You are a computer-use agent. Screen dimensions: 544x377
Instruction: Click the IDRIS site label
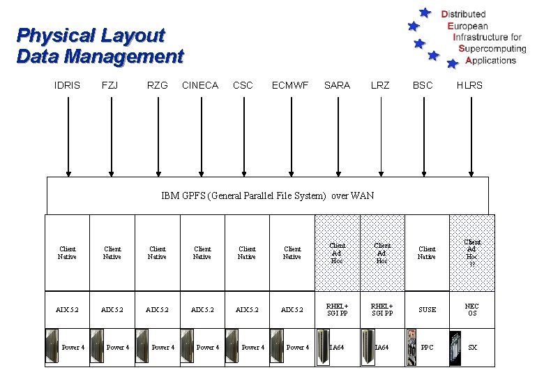tap(67, 85)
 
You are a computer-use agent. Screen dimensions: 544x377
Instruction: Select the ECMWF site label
tap(290, 85)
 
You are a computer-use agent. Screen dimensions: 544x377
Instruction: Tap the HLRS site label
tap(469, 85)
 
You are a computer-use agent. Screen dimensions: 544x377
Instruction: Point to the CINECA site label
tap(199, 85)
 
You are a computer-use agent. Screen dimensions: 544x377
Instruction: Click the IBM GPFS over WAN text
tap(267, 195)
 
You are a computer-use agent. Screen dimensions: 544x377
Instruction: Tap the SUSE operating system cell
tap(427, 310)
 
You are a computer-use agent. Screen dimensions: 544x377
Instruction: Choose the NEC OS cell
tap(472, 310)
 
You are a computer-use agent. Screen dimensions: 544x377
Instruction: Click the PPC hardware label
tap(428, 347)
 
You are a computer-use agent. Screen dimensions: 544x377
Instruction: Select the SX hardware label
tap(473, 347)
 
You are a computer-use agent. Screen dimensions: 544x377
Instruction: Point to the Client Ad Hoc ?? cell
tap(472, 253)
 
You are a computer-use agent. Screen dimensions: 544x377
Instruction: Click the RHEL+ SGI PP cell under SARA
tap(338, 310)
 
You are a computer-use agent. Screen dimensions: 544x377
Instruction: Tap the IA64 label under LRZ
tap(381, 347)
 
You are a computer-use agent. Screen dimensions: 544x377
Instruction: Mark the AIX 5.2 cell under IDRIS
tap(68, 310)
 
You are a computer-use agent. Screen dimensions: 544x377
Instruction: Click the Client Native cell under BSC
tap(427, 253)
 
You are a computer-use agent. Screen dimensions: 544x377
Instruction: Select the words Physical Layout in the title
tap(91, 35)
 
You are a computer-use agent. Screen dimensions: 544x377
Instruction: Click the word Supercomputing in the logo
tap(492, 49)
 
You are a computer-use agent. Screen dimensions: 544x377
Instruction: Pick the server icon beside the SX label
tap(456, 348)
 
